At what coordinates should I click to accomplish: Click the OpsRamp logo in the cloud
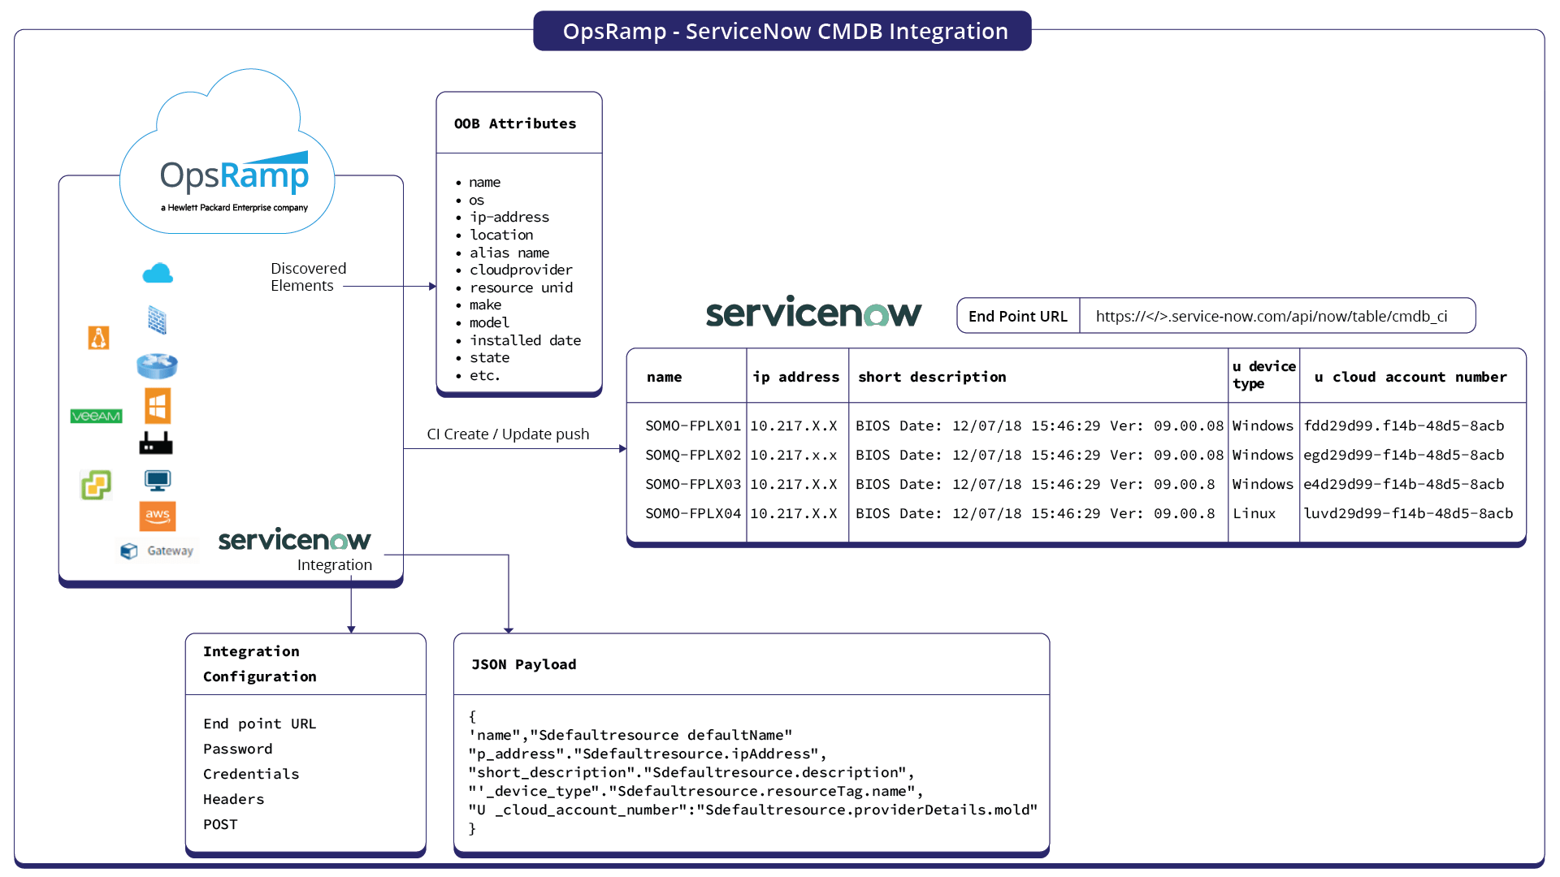(234, 177)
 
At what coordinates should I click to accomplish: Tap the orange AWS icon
(158, 516)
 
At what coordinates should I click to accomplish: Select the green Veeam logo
(96, 416)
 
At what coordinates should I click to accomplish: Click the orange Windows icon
(158, 405)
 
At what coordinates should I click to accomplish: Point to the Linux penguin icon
(98, 337)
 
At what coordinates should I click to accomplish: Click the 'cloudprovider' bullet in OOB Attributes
(521, 270)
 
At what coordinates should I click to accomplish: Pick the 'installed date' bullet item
(525, 340)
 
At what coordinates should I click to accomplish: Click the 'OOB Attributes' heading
(515, 123)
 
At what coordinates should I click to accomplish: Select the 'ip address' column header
(796, 377)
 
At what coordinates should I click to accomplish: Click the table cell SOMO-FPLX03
(693, 484)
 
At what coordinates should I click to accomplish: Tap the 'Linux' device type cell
(1254, 513)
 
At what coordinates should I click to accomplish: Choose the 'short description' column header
(932, 377)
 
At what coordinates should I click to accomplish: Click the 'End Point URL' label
(1017, 316)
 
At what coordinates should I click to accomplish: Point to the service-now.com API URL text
(1272, 316)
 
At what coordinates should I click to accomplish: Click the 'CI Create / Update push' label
(508, 434)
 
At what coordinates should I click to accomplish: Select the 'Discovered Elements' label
(308, 277)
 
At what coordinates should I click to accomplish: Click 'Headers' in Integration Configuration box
(234, 799)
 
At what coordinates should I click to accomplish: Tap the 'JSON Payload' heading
(524, 664)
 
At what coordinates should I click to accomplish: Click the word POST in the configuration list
(220, 824)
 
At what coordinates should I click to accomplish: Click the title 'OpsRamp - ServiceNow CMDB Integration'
(785, 31)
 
